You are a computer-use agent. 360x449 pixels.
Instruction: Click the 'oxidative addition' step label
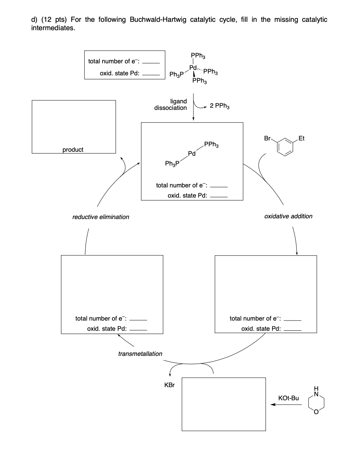[x=288, y=216]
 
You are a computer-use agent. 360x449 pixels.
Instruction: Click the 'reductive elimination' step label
[x=101, y=217]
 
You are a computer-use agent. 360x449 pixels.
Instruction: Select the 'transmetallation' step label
[x=140, y=354]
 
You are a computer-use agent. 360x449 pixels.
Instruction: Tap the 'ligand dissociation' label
[x=171, y=104]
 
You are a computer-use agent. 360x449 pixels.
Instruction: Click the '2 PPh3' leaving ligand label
[x=219, y=106]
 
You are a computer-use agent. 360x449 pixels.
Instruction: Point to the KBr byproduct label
[x=169, y=385]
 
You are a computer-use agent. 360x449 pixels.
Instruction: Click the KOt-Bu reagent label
[x=288, y=398]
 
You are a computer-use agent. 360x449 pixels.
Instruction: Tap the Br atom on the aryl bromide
[x=268, y=138]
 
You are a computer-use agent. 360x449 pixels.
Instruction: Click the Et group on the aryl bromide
[x=301, y=138]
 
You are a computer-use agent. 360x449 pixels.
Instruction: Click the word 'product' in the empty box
[x=73, y=150]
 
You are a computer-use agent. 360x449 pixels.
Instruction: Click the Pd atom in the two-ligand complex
[x=192, y=154]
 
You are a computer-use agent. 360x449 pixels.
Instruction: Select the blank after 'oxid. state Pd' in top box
[x=151, y=73]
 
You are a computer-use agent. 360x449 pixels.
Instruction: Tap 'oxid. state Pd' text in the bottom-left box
[x=107, y=329]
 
